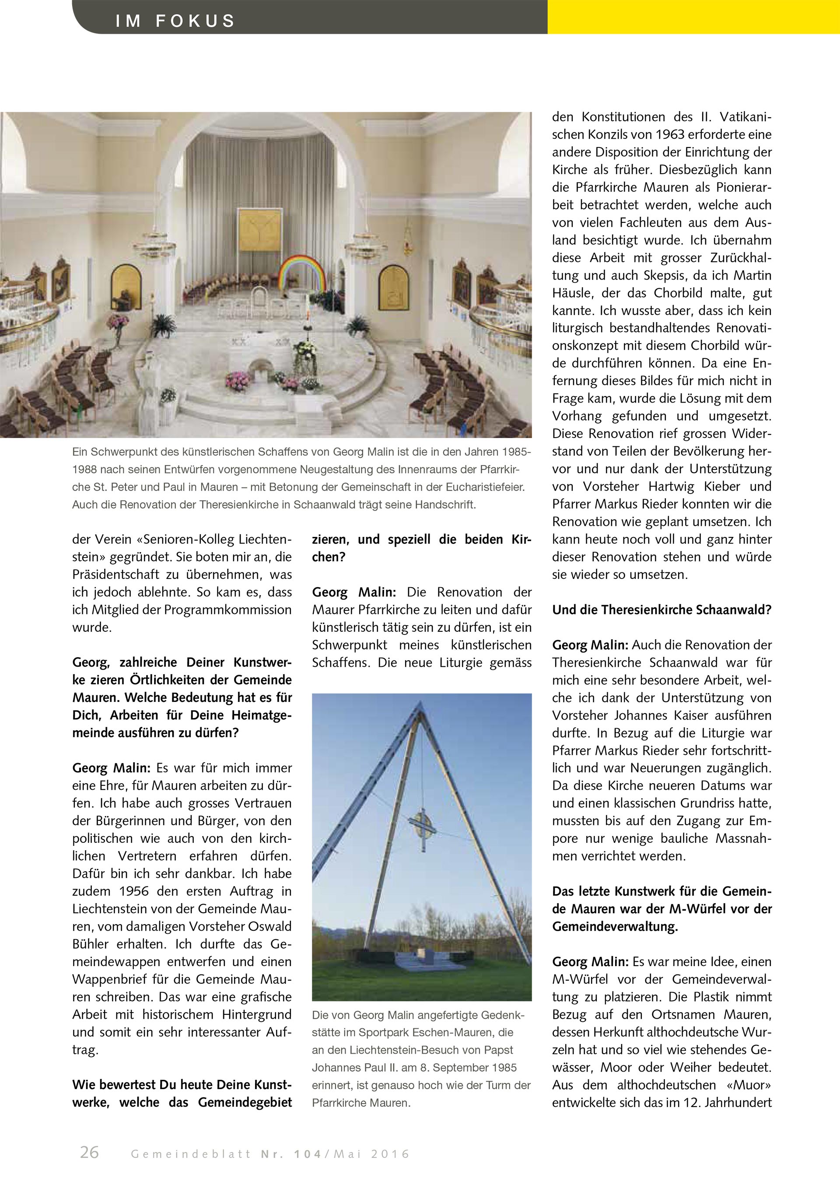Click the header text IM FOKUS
(x=175, y=21)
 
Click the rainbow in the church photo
(x=301, y=272)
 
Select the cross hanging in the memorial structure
(x=422, y=826)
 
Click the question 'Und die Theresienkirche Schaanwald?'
(x=661, y=610)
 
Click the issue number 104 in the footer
(x=308, y=1154)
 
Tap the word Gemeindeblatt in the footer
(x=191, y=1154)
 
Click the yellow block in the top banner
(x=693, y=17)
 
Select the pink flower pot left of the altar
(x=238, y=381)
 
